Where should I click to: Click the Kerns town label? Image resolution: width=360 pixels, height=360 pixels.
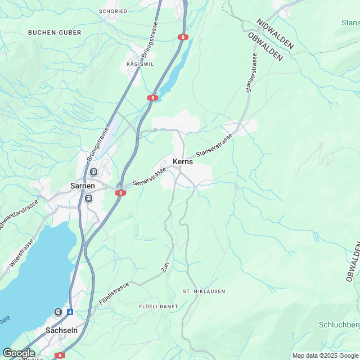183,161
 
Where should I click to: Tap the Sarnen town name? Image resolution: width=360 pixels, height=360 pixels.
83,186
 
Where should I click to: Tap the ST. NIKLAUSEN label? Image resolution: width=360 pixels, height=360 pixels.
204,291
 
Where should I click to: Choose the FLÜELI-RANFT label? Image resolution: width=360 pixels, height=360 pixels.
159,306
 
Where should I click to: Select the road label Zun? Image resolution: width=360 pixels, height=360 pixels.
165,268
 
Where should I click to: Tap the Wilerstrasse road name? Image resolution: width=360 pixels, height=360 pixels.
21,254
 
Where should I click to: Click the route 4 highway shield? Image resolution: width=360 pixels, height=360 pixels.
70,312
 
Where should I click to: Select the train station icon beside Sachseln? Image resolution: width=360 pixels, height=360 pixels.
58,312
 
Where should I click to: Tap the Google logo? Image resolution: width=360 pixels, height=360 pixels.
19,353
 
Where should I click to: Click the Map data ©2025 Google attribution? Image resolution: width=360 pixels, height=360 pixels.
325,355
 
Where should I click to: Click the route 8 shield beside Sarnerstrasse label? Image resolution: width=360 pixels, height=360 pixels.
121,193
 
